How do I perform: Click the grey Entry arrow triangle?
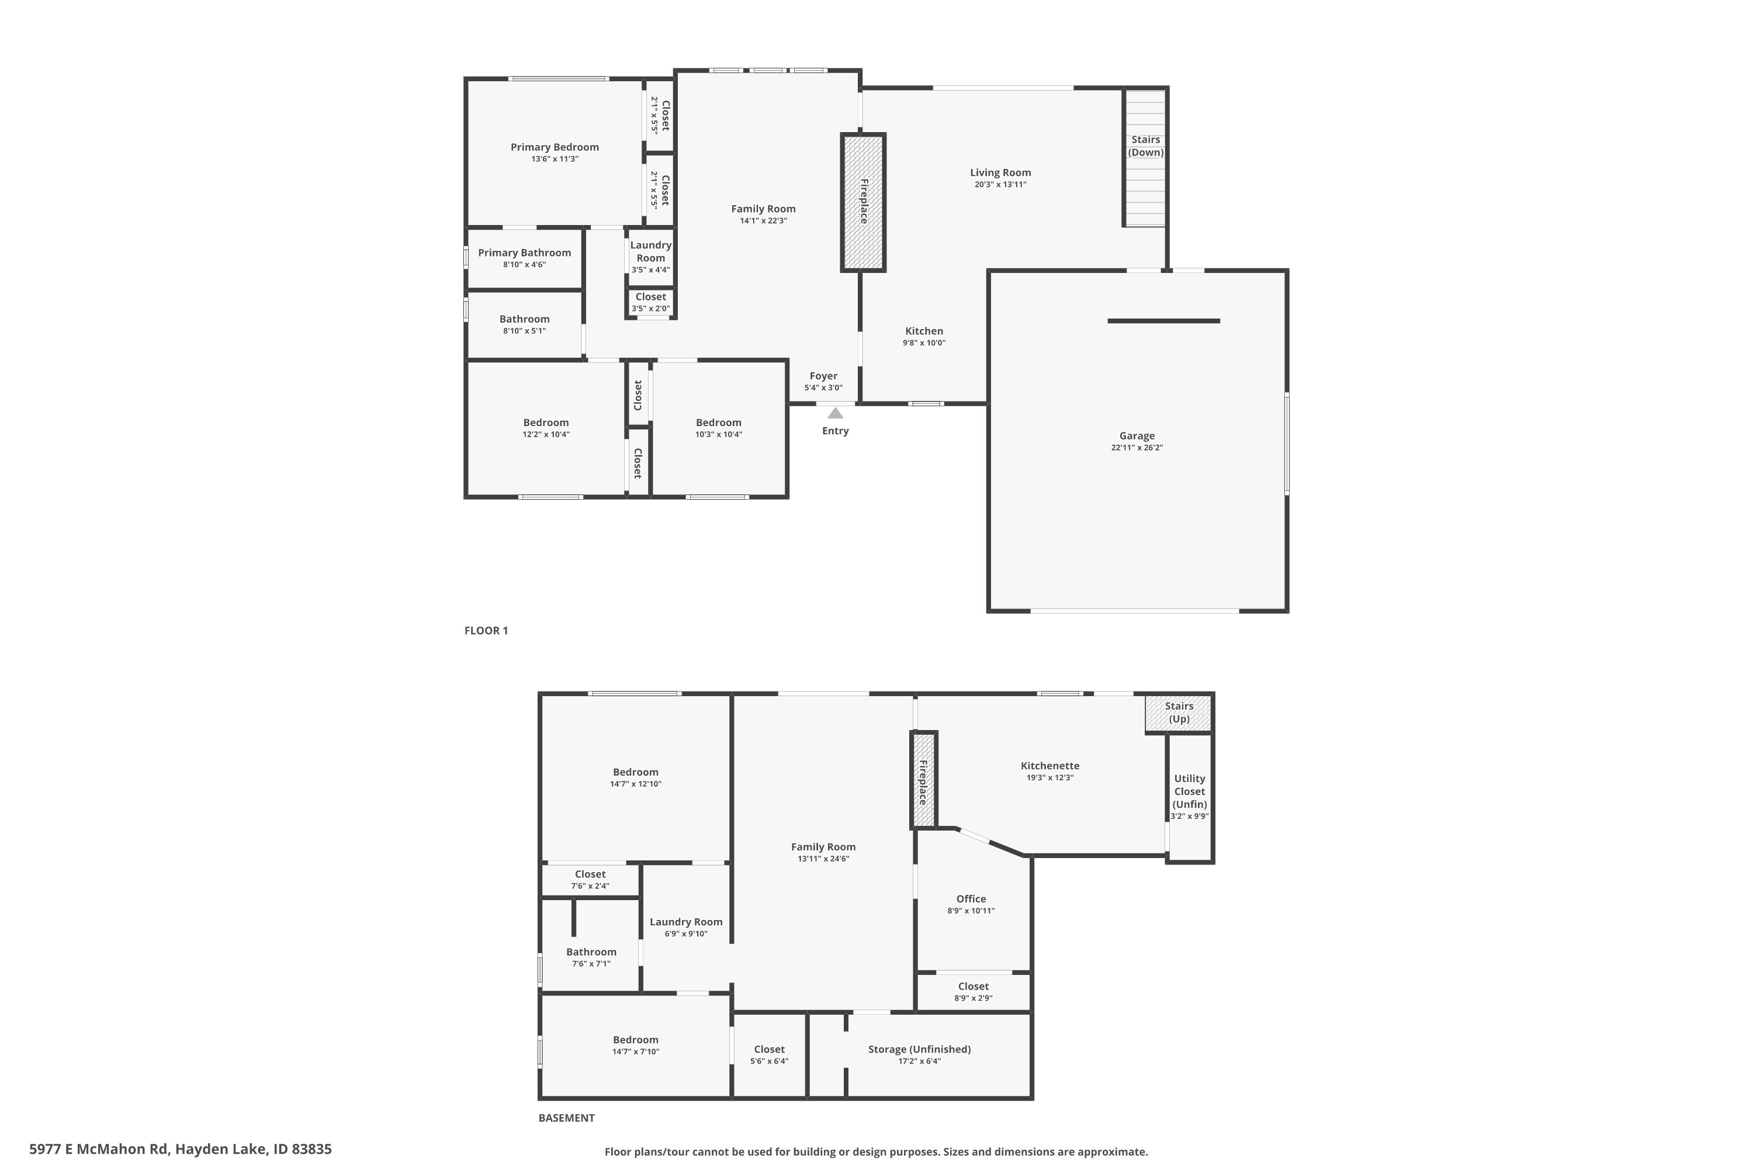836,413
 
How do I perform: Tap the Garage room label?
1137,436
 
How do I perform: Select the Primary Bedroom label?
555,147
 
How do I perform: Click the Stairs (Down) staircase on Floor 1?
1145,157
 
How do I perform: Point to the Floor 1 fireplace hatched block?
863,203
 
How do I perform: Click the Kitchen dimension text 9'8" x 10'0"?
924,343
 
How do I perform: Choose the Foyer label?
823,376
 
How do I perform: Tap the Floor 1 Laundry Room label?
651,251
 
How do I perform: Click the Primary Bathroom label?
524,253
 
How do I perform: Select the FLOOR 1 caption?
486,631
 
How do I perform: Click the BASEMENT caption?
566,1118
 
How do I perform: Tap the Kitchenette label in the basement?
1049,766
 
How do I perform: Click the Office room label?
971,899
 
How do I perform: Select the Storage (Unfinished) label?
919,1050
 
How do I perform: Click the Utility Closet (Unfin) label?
1190,791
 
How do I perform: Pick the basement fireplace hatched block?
923,780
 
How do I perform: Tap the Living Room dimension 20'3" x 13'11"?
1000,185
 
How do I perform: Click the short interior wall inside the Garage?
1163,321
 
